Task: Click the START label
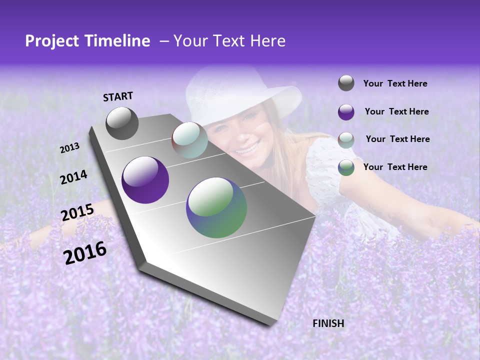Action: pos(118,96)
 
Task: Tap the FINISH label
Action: pos(328,323)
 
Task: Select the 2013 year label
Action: pos(70,148)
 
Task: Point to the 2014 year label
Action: pos(74,177)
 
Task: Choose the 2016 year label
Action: pos(85,252)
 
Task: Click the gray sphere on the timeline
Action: pos(122,123)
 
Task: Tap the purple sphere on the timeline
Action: pos(145,180)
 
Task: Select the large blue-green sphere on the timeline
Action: pos(216,207)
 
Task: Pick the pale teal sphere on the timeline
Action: pos(189,139)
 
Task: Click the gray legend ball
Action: pos(346,83)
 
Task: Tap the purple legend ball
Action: pos(346,112)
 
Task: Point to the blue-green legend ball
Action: pos(346,167)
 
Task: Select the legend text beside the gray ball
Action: pos(395,84)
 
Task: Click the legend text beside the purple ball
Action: pos(396,111)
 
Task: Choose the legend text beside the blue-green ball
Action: pos(395,167)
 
